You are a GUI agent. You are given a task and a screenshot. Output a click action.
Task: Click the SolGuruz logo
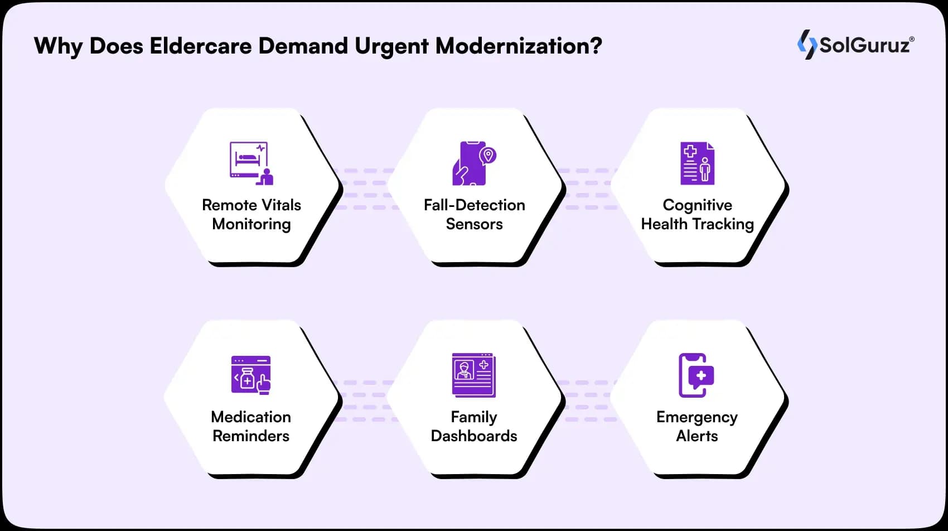tap(855, 45)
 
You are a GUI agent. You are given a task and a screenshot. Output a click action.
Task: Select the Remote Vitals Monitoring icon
tap(251, 163)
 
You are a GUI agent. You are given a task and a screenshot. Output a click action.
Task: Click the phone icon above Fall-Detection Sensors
tap(473, 163)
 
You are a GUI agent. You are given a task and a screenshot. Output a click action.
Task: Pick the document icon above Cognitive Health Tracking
tap(697, 163)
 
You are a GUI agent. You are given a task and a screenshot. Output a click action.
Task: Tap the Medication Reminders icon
tap(251, 375)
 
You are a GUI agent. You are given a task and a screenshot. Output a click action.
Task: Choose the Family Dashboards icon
tap(473, 375)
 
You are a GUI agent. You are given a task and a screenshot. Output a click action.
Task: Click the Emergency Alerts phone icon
tap(696, 375)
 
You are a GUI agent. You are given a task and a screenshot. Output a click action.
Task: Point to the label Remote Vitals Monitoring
tap(251, 214)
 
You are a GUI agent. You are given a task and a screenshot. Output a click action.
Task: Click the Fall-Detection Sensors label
tap(474, 214)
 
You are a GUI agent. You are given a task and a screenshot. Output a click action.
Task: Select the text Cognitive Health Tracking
tap(697, 214)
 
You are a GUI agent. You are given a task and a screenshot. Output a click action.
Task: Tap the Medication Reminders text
tap(251, 426)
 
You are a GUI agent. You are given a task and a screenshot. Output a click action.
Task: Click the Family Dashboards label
tap(474, 426)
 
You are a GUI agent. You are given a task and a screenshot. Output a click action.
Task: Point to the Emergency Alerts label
tap(697, 426)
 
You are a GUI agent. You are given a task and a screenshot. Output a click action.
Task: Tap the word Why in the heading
tap(58, 46)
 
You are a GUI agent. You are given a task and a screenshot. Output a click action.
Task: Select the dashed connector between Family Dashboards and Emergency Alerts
tap(586, 401)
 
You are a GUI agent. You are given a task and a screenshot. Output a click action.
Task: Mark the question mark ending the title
tap(596, 46)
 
